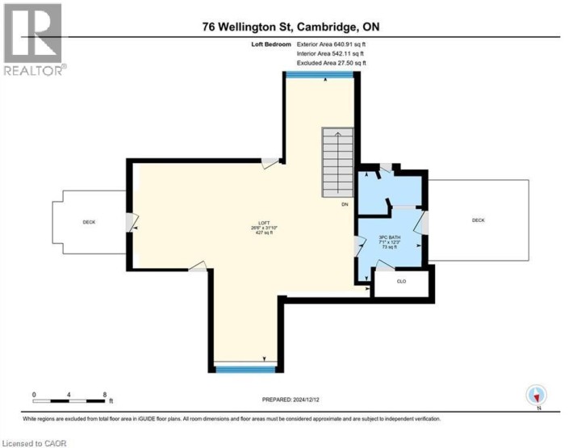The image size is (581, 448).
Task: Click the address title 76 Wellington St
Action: tap(291, 27)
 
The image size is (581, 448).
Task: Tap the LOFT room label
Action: tap(263, 224)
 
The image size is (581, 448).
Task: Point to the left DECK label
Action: tap(89, 222)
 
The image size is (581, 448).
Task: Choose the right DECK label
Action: tap(478, 220)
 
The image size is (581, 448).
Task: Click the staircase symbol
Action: tap(337, 162)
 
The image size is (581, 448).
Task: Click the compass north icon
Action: tap(537, 396)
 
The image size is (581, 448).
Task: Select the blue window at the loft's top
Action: tap(320, 74)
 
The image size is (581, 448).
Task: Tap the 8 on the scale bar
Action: tap(106, 394)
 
